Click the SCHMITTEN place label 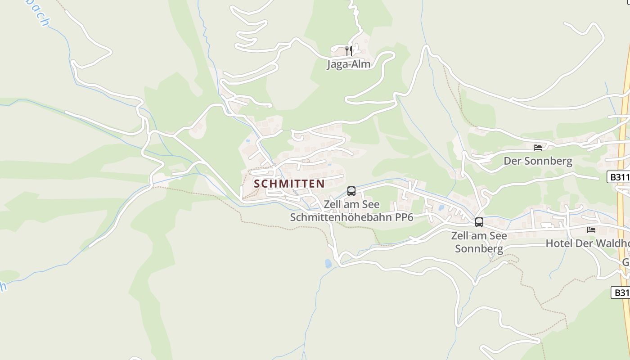[289, 184]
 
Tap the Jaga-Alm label [348, 64]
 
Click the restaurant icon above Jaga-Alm [348, 50]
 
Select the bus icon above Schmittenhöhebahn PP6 [351, 191]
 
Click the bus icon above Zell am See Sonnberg [479, 222]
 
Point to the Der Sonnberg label [538, 161]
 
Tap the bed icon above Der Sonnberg [538, 147]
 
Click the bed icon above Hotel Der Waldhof [591, 229]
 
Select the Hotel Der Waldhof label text [587, 243]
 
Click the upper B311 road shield [620, 177]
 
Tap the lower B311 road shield [621, 292]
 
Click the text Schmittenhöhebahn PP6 [351, 217]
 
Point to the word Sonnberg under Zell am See [479, 248]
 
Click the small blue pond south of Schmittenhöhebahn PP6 [328, 263]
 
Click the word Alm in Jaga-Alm [360, 64]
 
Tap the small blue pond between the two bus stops [441, 208]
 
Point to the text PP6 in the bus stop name [404, 217]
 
